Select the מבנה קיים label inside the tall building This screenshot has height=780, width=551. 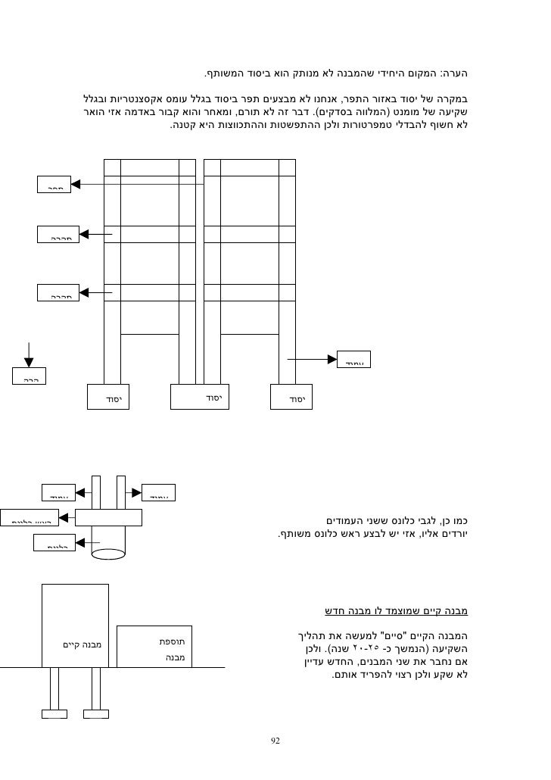(82, 645)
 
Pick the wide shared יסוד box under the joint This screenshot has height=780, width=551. (200, 398)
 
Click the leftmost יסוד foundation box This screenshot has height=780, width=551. (107, 398)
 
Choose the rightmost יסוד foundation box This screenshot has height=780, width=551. (291, 398)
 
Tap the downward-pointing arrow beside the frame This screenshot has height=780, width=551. (28, 352)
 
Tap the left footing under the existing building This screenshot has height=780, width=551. (54, 713)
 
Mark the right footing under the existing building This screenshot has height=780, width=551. (96, 713)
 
